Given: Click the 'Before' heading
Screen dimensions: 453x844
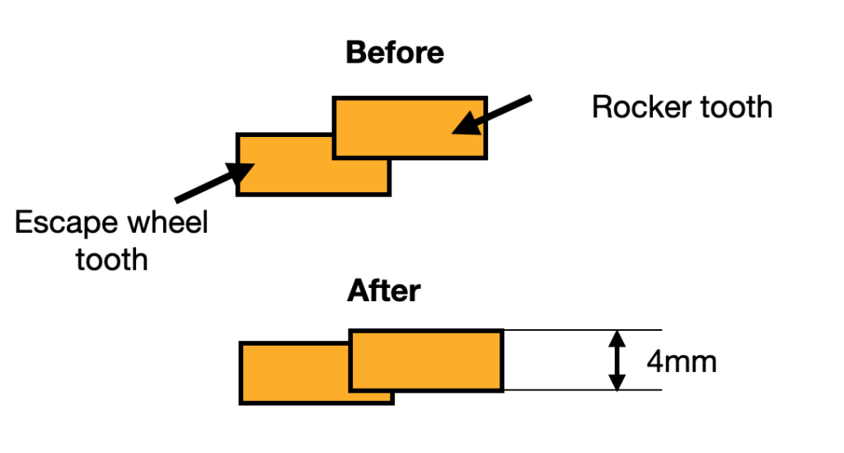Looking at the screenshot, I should coord(395,53).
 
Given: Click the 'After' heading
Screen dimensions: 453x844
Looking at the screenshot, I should coord(384,291).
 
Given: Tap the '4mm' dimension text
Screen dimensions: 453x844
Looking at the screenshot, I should coord(681,361).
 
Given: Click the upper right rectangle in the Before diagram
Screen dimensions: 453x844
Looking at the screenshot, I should coord(410,126).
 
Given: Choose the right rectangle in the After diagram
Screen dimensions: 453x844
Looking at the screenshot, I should coord(425,361).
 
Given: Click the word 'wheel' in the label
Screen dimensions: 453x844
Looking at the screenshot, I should coord(167,224).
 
